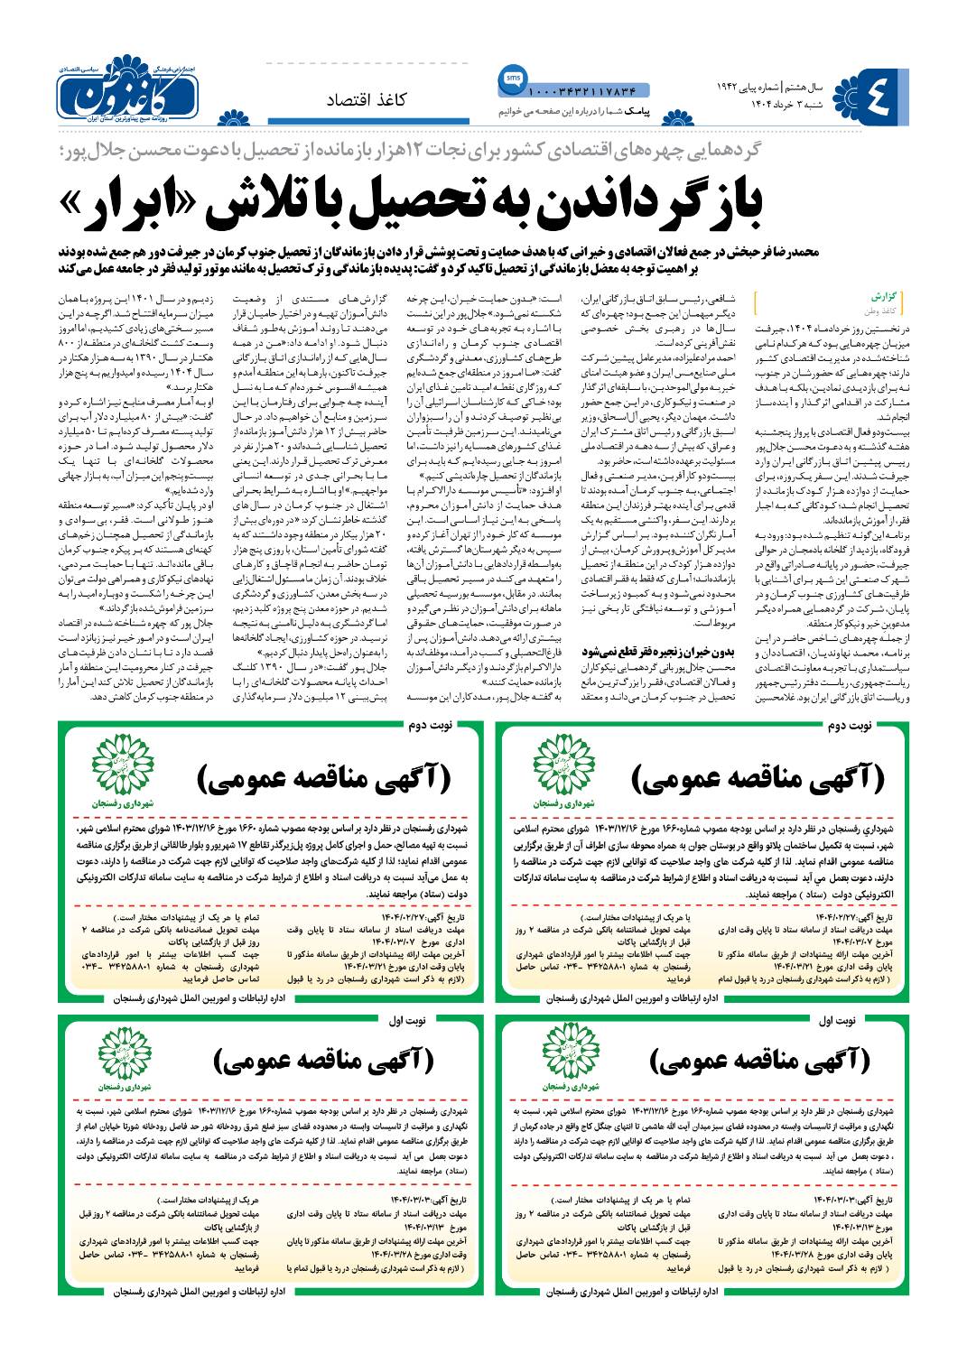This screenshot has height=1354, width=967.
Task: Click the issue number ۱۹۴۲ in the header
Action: pyautogui.click(x=730, y=89)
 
